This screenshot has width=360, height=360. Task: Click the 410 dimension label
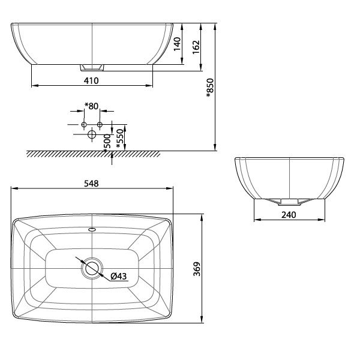[x=91, y=80]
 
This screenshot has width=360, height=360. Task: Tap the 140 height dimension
[x=177, y=44]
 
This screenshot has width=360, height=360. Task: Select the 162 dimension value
[x=196, y=47]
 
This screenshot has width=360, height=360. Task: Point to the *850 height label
[x=210, y=88]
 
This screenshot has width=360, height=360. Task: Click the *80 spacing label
[x=91, y=106]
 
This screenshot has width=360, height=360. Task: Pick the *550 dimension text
[x=120, y=139]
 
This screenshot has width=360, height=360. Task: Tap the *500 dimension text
[x=107, y=143]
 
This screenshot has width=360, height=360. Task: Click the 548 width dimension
[x=91, y=184]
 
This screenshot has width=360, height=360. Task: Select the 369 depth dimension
[x=197, y=269]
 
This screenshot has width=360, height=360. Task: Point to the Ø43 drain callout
[x=118, y=276]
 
